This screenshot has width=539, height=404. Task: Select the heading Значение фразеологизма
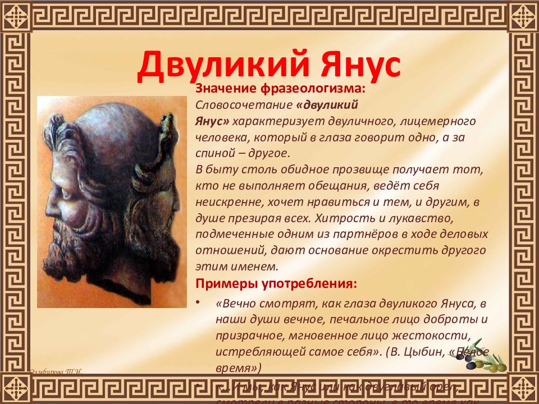coord(280,89)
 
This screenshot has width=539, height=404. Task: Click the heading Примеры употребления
coord(275,283)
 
